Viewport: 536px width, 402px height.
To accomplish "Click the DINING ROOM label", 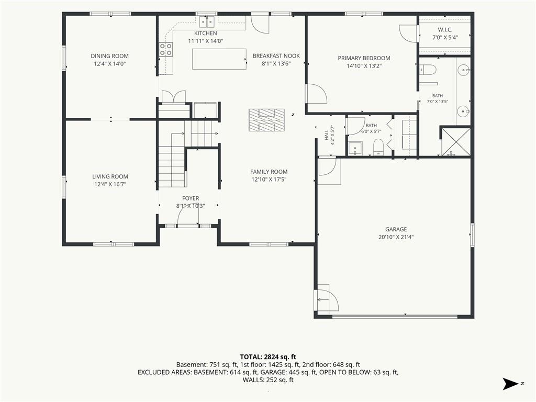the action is (x=110, y=56).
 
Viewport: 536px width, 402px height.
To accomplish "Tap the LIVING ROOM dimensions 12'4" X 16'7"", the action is (x=110, y=185).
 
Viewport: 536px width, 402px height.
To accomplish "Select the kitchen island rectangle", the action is (x=219, y=59).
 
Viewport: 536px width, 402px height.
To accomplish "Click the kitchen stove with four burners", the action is (x=166, y=49).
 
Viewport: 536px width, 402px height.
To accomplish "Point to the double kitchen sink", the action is (x=207, y=22).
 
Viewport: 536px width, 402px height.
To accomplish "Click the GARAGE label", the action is (x=396, y=229).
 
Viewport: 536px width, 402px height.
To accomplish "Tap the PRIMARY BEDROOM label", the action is (x=364, y=58).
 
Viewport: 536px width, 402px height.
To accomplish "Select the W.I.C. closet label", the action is (x=445, y=30).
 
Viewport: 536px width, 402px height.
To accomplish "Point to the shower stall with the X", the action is (x=456, y=141).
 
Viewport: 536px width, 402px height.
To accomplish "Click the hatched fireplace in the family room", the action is (x=266, y=120).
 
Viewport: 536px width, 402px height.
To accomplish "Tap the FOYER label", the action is (x=191, y=198).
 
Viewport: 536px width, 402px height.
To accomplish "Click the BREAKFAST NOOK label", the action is (x=276, y=55).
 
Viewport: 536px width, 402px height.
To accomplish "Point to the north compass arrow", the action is (x=510, y=384).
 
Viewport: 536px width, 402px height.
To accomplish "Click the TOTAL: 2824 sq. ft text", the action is (x=268, y=357).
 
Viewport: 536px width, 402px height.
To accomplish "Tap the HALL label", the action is (x=327, y=135).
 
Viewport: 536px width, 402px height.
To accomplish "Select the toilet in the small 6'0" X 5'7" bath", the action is (x=378, y=147).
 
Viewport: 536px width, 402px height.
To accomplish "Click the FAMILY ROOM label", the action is (x=269, y=172).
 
